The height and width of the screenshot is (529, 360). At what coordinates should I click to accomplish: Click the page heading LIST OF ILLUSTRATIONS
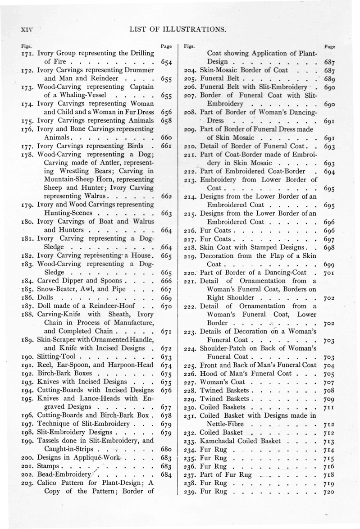tap(177, 30)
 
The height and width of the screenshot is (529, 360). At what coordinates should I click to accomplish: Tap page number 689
tap(331, 79)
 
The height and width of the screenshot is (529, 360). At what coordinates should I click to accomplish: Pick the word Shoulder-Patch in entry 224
tap(226, 348)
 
